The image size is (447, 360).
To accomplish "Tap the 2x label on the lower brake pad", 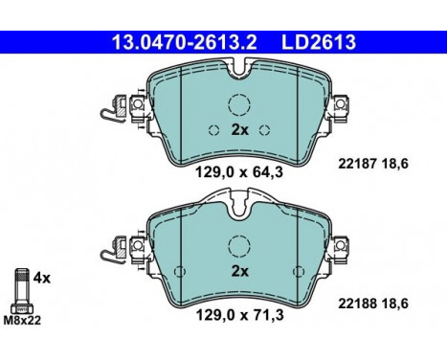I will tap(238, 272).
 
